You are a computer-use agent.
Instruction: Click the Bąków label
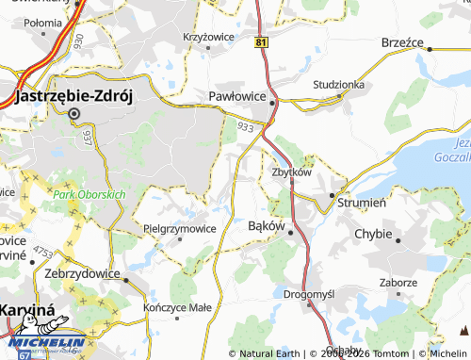(x=265, y=226)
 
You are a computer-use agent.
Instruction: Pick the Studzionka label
(x=337, y=84)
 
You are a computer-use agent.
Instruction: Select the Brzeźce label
(x=405, y=42)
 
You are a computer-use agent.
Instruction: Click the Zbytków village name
(x=291, y=172)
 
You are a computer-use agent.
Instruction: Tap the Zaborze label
(x=398, y=282)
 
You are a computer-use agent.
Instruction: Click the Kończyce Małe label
(x=178, y=307)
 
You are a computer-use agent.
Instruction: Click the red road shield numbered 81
(x=261, y=42)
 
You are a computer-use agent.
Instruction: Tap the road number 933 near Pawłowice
(x=245, y=125)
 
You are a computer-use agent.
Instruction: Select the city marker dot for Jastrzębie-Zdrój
(x=74, y=114)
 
